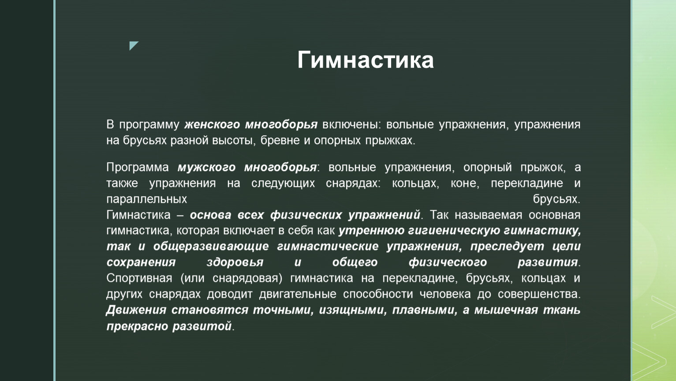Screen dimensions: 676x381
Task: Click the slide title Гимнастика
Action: click(366, 60)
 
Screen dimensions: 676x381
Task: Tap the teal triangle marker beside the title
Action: click(133, 45)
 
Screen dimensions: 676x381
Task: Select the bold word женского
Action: click(212, 125)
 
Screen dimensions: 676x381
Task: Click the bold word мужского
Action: click(206, 168)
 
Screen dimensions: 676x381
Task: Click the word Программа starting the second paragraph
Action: click(137, 168)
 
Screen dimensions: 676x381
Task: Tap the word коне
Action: click(465, 183)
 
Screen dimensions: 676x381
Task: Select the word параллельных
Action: click(147, 199)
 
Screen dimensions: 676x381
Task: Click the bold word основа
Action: click(210, 215)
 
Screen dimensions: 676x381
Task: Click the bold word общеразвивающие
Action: click(211, 247)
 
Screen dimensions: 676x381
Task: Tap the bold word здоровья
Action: click(235, 262)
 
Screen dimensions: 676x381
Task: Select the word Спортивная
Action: click(139, 278)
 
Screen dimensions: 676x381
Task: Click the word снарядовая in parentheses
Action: click(247, 278)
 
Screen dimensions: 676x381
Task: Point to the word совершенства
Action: click(539, 294)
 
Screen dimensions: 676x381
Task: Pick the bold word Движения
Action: click(136, 310)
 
